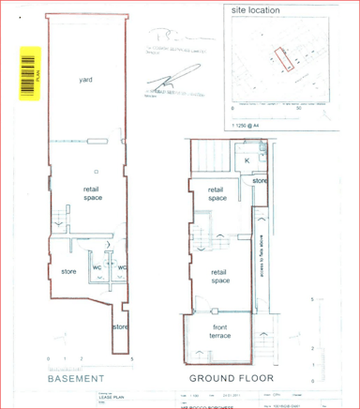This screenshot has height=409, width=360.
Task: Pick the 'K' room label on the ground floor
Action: click(246, 160)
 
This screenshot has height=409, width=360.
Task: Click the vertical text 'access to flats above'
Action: click(259, 258)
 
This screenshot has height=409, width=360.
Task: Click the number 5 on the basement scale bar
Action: click(133, 360)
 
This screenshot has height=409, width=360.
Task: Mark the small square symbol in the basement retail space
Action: click(97, 172)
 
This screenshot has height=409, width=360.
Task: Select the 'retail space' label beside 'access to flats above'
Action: click(220, 276)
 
